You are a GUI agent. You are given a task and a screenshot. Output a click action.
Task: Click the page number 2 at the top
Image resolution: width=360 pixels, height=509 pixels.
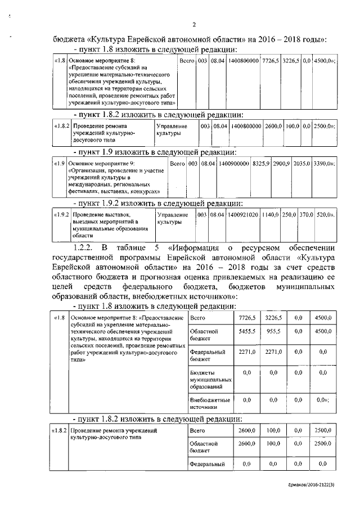pos(193,24)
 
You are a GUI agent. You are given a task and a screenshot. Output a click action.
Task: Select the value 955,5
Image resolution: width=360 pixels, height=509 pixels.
pos(273,332)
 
